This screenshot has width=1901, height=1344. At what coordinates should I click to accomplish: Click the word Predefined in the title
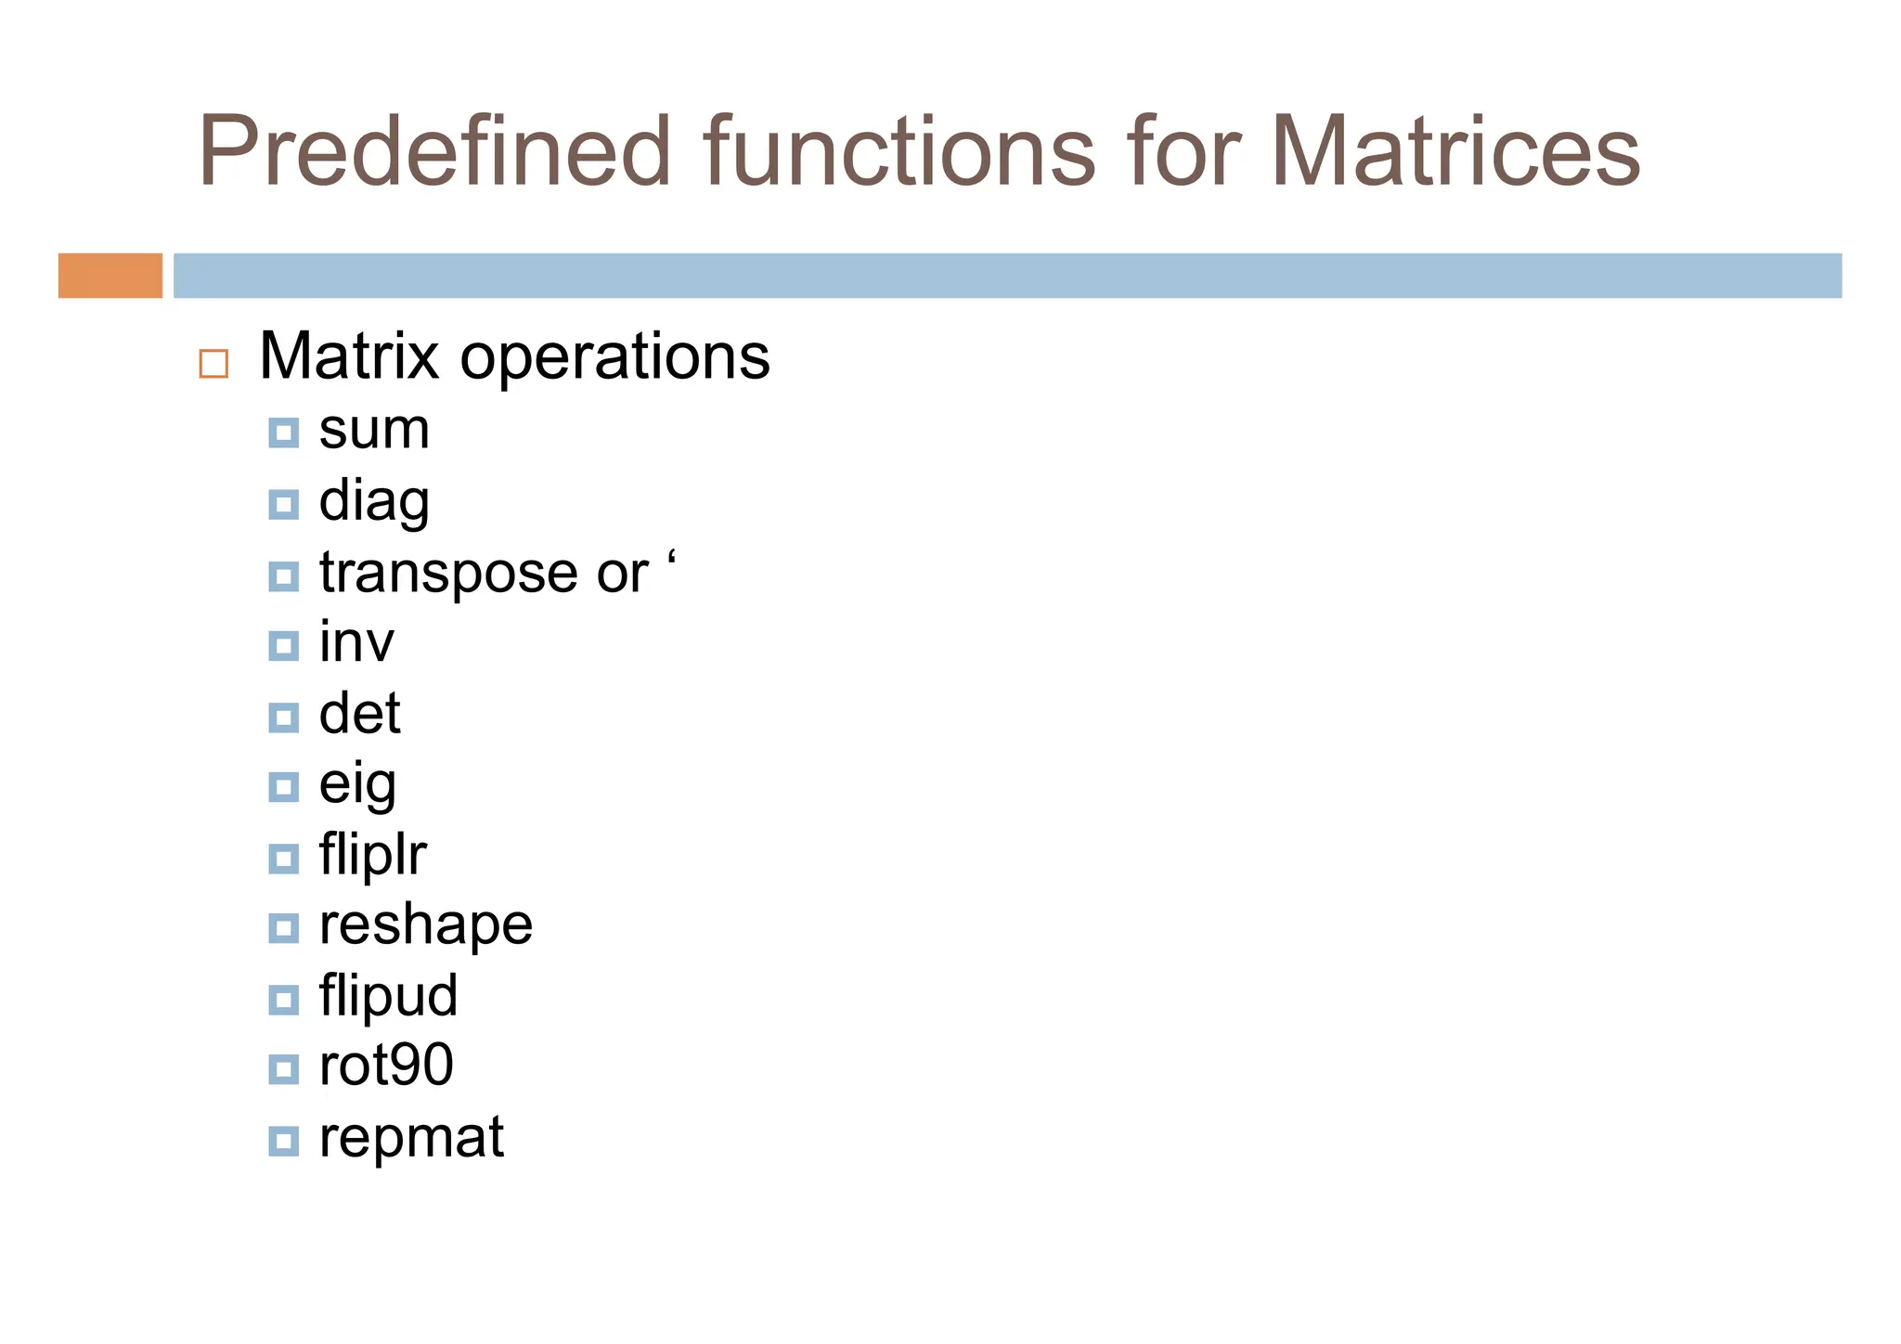[x=433, y=151]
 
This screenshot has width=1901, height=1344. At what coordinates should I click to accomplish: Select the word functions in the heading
[x=899, y=151]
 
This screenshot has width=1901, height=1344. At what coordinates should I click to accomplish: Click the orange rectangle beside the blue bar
[x=110, y=276]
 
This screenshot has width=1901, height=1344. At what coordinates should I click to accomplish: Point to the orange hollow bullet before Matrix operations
[x=213, y=363]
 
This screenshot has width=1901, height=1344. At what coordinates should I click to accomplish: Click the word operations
[x=614, y=357]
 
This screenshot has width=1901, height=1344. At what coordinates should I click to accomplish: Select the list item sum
[x=374, y=430]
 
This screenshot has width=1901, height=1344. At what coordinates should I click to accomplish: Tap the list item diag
[x=374, y=502]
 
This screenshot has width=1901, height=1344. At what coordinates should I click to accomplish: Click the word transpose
[x=447, y=573]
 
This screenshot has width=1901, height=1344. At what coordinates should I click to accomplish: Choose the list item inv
[x=356, y=642]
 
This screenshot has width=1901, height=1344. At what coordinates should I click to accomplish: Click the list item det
[x=359, y=714]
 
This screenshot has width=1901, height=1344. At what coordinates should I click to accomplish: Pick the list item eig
[x=357, y=786]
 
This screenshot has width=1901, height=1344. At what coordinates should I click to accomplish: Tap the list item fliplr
[x=372, y=855]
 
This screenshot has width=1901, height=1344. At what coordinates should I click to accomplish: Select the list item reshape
[x=426, y=925]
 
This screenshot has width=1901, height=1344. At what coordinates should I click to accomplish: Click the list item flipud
[x=388, y=996]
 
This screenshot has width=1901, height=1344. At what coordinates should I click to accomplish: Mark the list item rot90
[x=386, y=1066]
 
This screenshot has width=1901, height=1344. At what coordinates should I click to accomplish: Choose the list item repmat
[x=411, y=1137]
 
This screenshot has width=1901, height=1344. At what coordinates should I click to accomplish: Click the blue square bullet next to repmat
[x=283, y=1140]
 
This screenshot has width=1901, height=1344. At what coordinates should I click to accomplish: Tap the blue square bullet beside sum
[x=283, y=433]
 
